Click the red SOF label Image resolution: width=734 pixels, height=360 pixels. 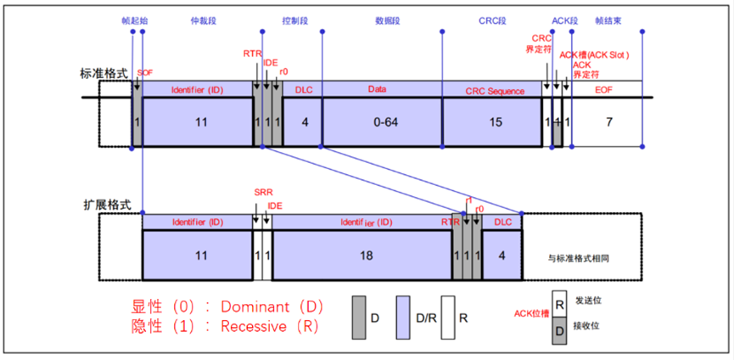coord(145,73)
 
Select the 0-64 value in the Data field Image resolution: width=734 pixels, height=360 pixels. coord(383,121)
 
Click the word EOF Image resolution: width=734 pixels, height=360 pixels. coord(603,88)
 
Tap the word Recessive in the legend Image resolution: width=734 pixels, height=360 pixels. coord(255,327)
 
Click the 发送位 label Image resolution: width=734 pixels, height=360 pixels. coord(588,300)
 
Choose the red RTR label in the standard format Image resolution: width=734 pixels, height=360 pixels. coord(252,53)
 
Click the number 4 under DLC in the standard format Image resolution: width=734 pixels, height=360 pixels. coord(303,121)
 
